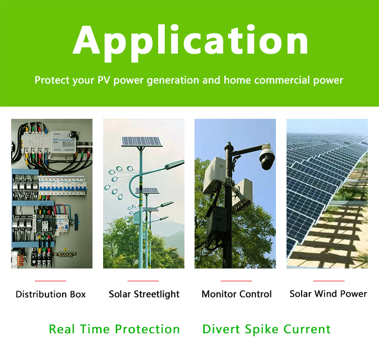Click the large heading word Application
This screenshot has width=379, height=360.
(x=190, y=42)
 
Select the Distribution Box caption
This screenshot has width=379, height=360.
(x=51, y=294)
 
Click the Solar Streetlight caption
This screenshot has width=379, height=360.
(x=144, y=294)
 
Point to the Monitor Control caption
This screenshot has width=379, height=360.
(x=236, y=294)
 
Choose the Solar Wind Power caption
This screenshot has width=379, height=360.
(x=328, y=294)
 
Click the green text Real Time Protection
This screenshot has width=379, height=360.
(x=114, y=329)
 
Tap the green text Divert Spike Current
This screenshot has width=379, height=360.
(x=266, y=329)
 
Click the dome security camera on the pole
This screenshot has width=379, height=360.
(x=267, y=157)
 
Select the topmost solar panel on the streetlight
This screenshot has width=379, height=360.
(x=141, y=142)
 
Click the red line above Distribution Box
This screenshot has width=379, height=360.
(x=51, y=281)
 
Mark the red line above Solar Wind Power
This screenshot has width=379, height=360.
(x=329, y=281)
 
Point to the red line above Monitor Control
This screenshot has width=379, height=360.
(x=236, y=281)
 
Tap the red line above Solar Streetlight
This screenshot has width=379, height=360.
(x=143, y=281)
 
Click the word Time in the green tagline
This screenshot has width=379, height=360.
(x=95, y=329)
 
